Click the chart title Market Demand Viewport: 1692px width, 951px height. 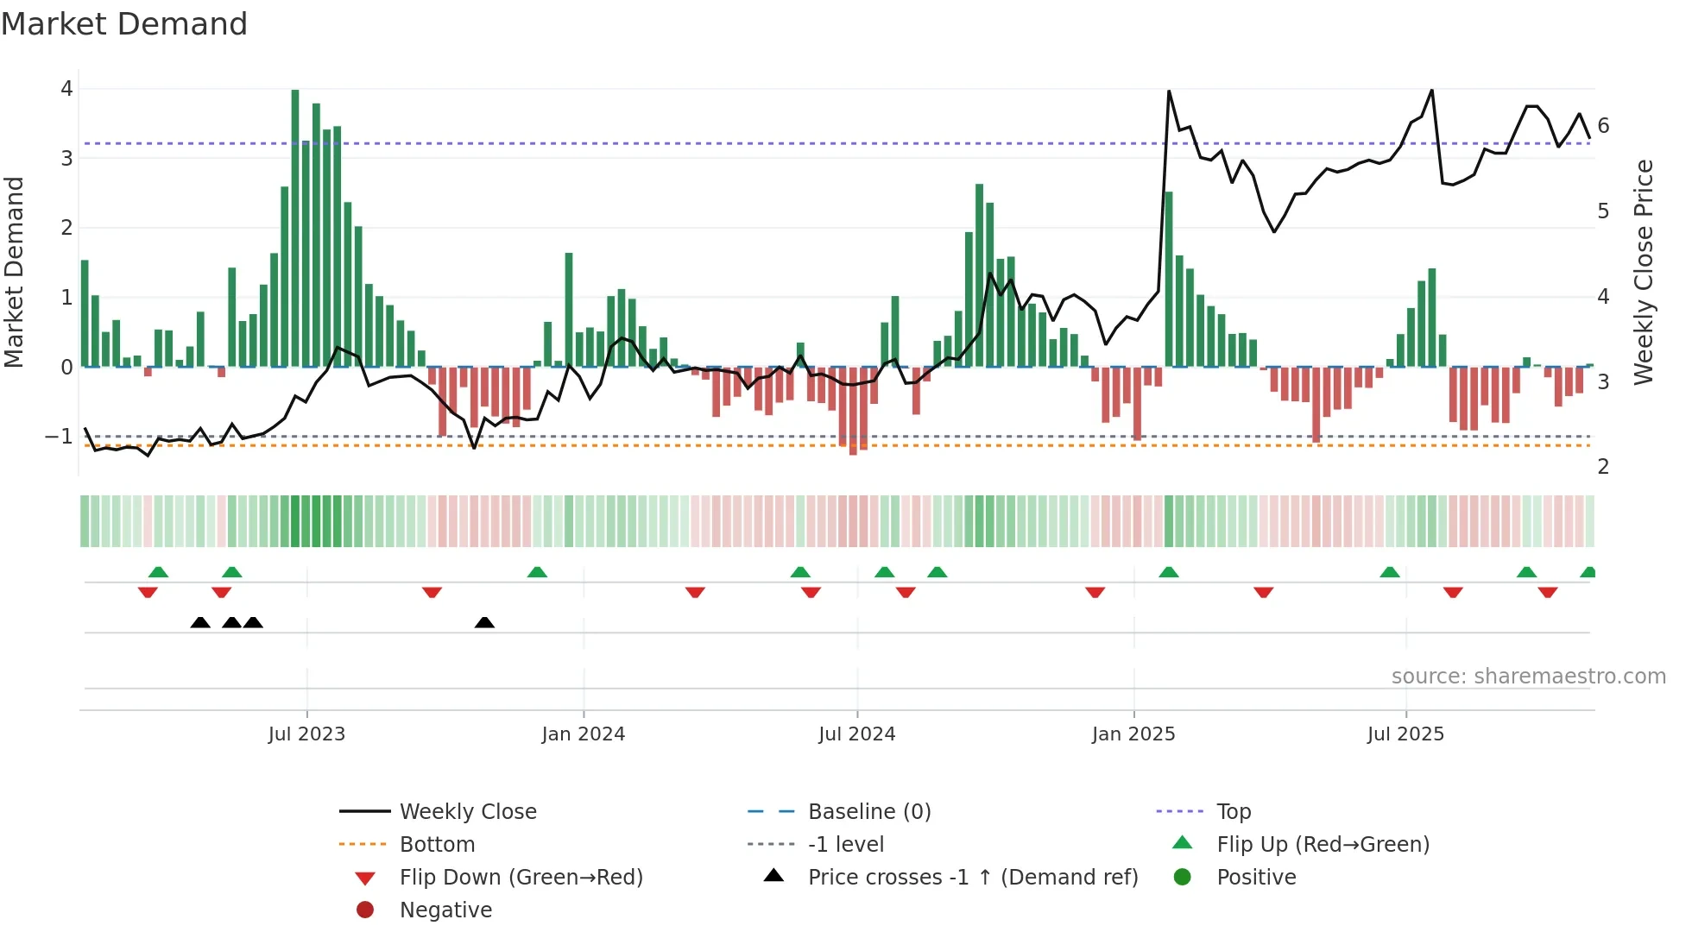point(124,24)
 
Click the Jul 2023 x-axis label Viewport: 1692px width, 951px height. point(306,734)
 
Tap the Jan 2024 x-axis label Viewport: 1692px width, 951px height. point(583,734)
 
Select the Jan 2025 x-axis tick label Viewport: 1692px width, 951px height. point(1133,734)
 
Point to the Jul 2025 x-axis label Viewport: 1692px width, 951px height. point(1405,734)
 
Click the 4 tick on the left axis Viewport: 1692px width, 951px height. point(66,89)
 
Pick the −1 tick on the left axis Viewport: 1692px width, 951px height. point(59,437)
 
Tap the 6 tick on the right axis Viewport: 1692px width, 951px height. point(1603,126)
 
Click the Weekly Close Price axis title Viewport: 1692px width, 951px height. point(1644,272)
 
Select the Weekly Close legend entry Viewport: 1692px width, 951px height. point(467,812)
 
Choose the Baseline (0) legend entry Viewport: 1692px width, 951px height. point(868,812)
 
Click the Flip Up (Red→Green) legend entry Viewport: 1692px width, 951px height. point(1323,845)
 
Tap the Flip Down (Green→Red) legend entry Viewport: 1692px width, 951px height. point(521,878)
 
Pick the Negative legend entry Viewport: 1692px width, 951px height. point(445,910)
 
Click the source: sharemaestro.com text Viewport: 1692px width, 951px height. point(1528,677)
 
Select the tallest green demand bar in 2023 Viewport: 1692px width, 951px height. point(295,228)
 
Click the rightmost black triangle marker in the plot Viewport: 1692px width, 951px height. point(484,623)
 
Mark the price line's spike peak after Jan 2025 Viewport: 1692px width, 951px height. point(1169,91)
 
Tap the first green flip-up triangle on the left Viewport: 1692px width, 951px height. point(158,572)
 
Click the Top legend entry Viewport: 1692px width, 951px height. point(1234,812)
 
